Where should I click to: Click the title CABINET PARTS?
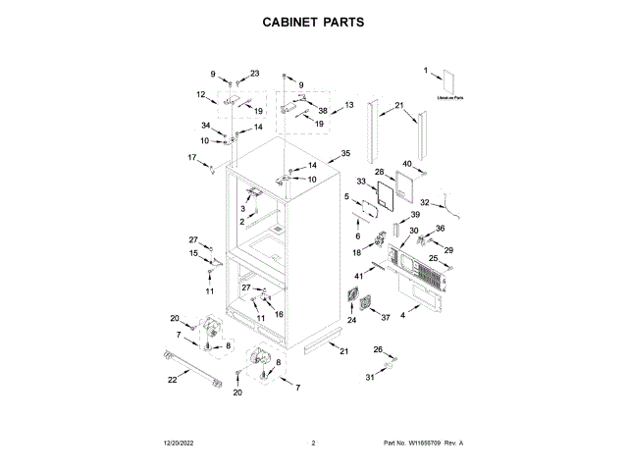[x=313, y=21]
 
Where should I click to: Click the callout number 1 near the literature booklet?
[x=426, y=70]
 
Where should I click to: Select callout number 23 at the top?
[x=254, y=74]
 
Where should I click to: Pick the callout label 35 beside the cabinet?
[x=344, y=154]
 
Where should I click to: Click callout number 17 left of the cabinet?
[x=192, y=157]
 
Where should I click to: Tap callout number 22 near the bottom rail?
[x=173, y=380]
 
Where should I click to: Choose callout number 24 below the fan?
[x=351, y=319]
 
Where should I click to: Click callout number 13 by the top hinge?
[x=348, y=105]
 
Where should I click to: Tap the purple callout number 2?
[x=241, y=222]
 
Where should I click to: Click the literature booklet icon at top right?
[x=450, y=82]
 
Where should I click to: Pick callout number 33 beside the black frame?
[x=360, y=182]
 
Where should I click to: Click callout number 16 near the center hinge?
[x=279, y=314]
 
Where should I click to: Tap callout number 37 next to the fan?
[x=386, y=317]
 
